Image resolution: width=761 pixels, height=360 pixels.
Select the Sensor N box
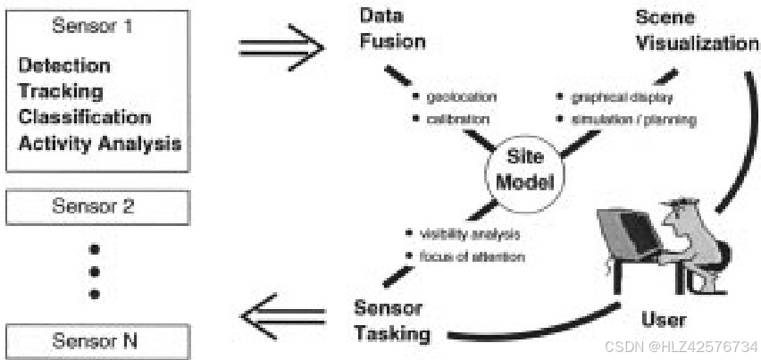(x=96, y=339)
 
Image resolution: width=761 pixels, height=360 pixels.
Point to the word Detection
(x=65, y=66)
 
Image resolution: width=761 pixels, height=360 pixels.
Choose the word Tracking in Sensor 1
(x=61, y=91)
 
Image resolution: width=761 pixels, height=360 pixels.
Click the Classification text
(x=85, y=117)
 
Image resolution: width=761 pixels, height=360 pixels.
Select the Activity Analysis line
(x=100, y=143)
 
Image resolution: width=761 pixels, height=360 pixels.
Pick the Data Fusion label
(x=393, y=29)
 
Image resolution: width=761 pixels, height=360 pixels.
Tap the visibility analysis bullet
(x=469, y=235)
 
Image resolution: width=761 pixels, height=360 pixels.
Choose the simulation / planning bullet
(x=624, y=119)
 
